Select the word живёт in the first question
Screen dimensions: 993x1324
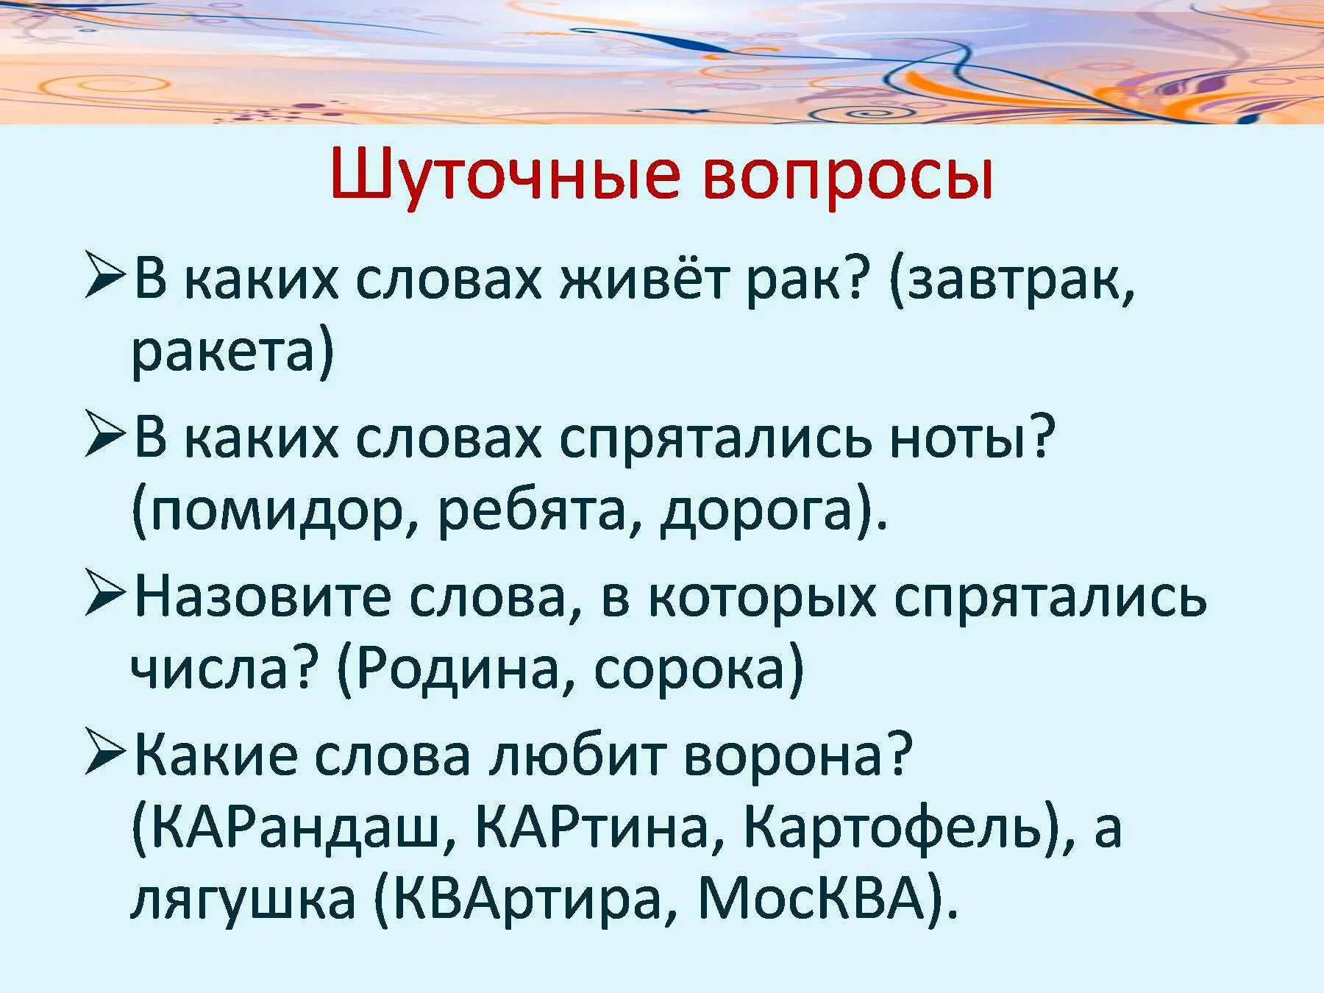(x=652, y=280)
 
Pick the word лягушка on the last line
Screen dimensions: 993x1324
(x=243, y=900)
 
